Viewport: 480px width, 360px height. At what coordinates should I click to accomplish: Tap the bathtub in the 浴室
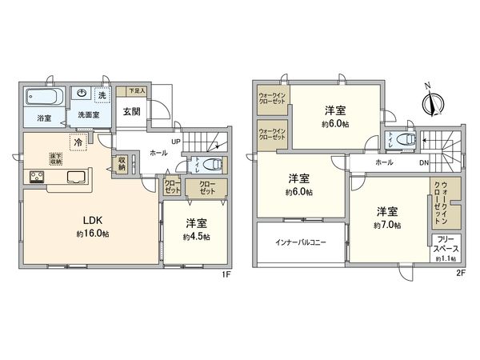(42, 98)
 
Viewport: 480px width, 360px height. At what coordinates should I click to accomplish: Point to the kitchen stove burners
(37, 178)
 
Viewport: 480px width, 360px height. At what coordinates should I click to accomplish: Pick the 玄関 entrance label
(132, 112)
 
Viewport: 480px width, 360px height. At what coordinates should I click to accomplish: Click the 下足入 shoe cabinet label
(138, 92)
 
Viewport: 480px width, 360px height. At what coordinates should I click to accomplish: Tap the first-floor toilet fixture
(211, 166)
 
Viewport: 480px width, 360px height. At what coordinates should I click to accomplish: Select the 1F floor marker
(226, 274)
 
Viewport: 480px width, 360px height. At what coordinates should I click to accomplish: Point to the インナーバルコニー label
(300, 242)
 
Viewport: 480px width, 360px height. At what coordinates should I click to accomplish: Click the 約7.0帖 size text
(387, 226)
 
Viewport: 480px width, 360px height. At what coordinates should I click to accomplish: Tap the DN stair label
(424, 163)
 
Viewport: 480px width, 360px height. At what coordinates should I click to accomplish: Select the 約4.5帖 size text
(196, 237)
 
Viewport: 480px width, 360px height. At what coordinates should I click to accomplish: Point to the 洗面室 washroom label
(88, 115)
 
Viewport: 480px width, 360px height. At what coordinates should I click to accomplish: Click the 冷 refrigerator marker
(78, 142)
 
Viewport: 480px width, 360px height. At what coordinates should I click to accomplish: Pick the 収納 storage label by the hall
(122, 164)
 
